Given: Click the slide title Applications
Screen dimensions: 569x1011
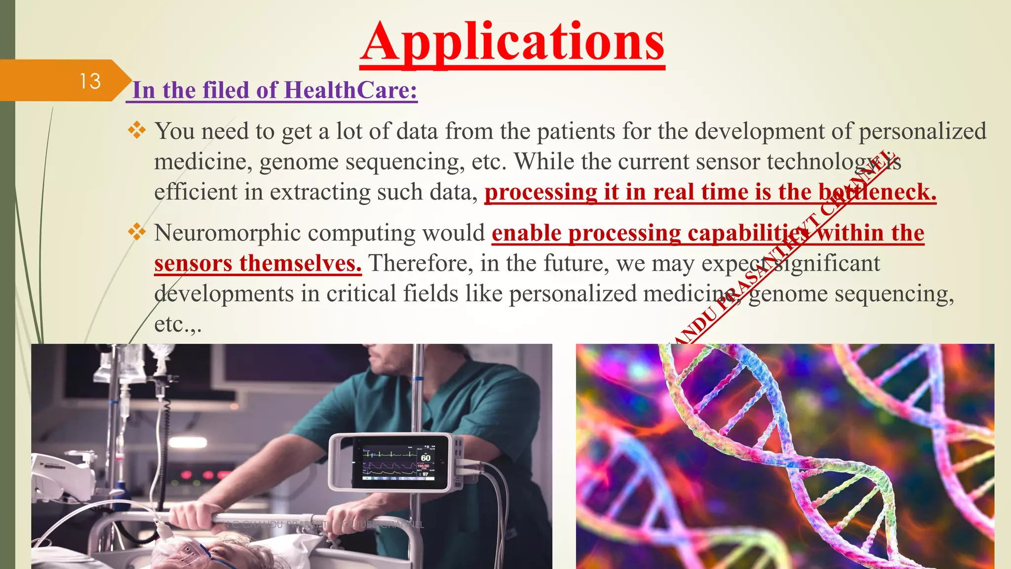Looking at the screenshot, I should pyautogui.click(x=512, y=43).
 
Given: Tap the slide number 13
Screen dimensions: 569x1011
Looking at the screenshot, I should pyautogui.click(x=90, y=81).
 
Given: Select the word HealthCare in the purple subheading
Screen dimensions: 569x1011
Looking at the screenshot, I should pyautogui.click(x=350, y=90).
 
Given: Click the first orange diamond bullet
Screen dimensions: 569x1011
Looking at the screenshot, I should pyautogui.click(x=137, y=130).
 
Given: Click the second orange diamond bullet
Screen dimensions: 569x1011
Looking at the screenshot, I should pyautogui.click(x=137, y=232).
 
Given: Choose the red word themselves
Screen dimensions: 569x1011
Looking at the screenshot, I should pyautogui.click(x=301, y=263).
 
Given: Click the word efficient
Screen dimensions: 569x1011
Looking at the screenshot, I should pyautogui.click(x=196, y=192).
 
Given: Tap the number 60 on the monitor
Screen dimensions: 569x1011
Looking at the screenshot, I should pyautogui.click(x=425, y=457).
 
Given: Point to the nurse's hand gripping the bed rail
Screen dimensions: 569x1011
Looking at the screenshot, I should pyautogui.click(x=195, y=516).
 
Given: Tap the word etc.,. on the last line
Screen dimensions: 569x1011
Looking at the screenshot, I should pyautogui.click(x=178, y=325).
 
